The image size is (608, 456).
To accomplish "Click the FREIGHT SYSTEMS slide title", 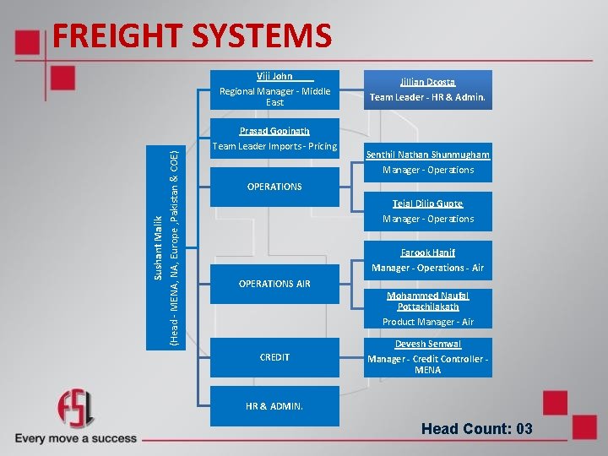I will pos(192,36).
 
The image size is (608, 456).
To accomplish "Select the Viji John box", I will pos(274,90).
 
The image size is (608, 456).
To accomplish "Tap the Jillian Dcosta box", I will pos(427,90).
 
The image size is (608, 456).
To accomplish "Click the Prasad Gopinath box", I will pos(274,138).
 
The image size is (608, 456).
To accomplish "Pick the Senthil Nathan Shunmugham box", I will pos(427,162).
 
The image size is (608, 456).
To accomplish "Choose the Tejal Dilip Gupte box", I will pos(427,211).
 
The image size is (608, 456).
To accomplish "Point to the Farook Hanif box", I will pos(427,260).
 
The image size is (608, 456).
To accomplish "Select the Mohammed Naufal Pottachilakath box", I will pos(427,308).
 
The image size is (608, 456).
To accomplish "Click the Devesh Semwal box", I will pos(427,357).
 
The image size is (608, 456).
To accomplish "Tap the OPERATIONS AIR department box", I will pos(274,284).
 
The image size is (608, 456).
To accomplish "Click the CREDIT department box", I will pos(274,357).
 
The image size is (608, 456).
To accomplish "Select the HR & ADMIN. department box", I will pos(274,406).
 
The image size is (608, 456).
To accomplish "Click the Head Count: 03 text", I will pos(477,429).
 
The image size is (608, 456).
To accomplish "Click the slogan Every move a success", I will pos(76,438).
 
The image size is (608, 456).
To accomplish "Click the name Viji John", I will pos(274,77).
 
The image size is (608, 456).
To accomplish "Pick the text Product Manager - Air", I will pos(427,322).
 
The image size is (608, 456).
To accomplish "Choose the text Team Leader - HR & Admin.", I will pos(427,96).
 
